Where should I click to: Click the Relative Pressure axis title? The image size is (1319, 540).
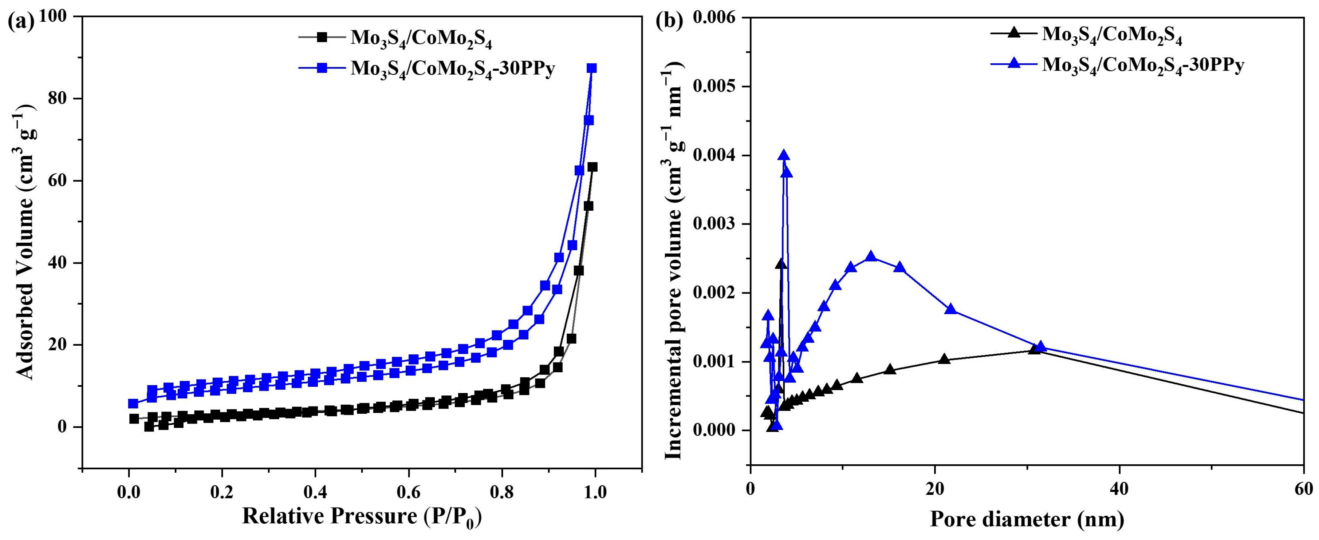pos(362,517)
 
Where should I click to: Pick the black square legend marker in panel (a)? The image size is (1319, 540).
pos(322,37)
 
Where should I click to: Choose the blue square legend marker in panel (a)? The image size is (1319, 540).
pos(322,68)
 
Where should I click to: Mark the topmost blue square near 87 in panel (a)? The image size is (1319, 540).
pos(591,68)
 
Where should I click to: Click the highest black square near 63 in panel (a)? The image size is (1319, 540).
pos(592,167)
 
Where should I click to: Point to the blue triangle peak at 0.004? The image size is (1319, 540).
pos(783,156)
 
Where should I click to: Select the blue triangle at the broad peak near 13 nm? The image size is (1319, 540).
pos(871,257)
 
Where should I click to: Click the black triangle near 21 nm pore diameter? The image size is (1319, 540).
pos(945,359)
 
